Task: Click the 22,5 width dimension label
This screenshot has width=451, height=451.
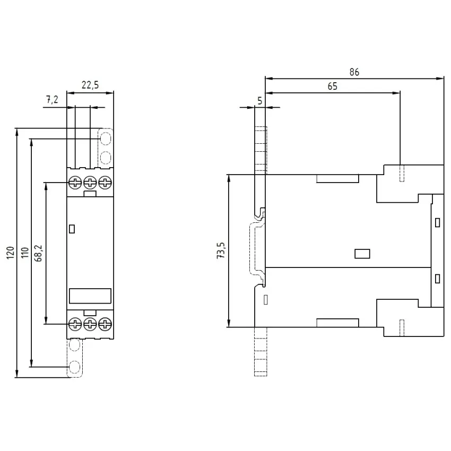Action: pos(90,85)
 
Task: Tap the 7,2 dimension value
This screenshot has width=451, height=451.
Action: pos(52,100)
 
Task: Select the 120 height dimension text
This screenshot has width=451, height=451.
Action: pos(11,253)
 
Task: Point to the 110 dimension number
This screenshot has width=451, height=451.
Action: pos(25,253)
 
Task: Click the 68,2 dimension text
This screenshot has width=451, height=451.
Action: pos(38,253)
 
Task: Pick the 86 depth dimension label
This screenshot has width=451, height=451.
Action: pos(354,72)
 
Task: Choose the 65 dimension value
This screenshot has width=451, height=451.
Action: pos(332,86)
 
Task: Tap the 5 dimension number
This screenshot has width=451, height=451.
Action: pos(260,101)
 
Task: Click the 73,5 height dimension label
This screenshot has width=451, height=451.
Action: pos(221,250)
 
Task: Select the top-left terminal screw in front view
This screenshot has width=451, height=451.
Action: pos(75,183)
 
